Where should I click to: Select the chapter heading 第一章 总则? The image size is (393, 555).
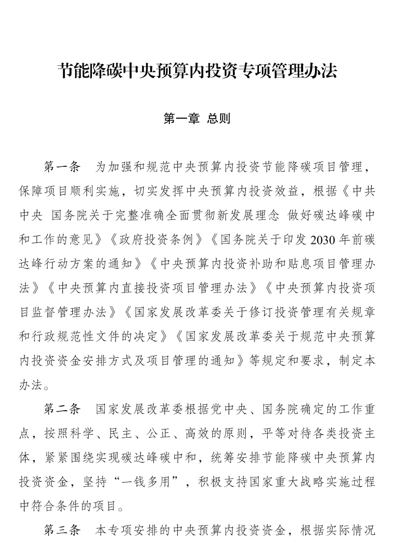pyautogui.click(x=196, y=119)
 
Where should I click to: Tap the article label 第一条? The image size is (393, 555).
pyautogui.click(x=61, y=167)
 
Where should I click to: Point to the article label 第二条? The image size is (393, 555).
pyautogui.click(x=61, y=409)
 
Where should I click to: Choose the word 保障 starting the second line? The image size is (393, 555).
pyautogui.click(x=28, y=191)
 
